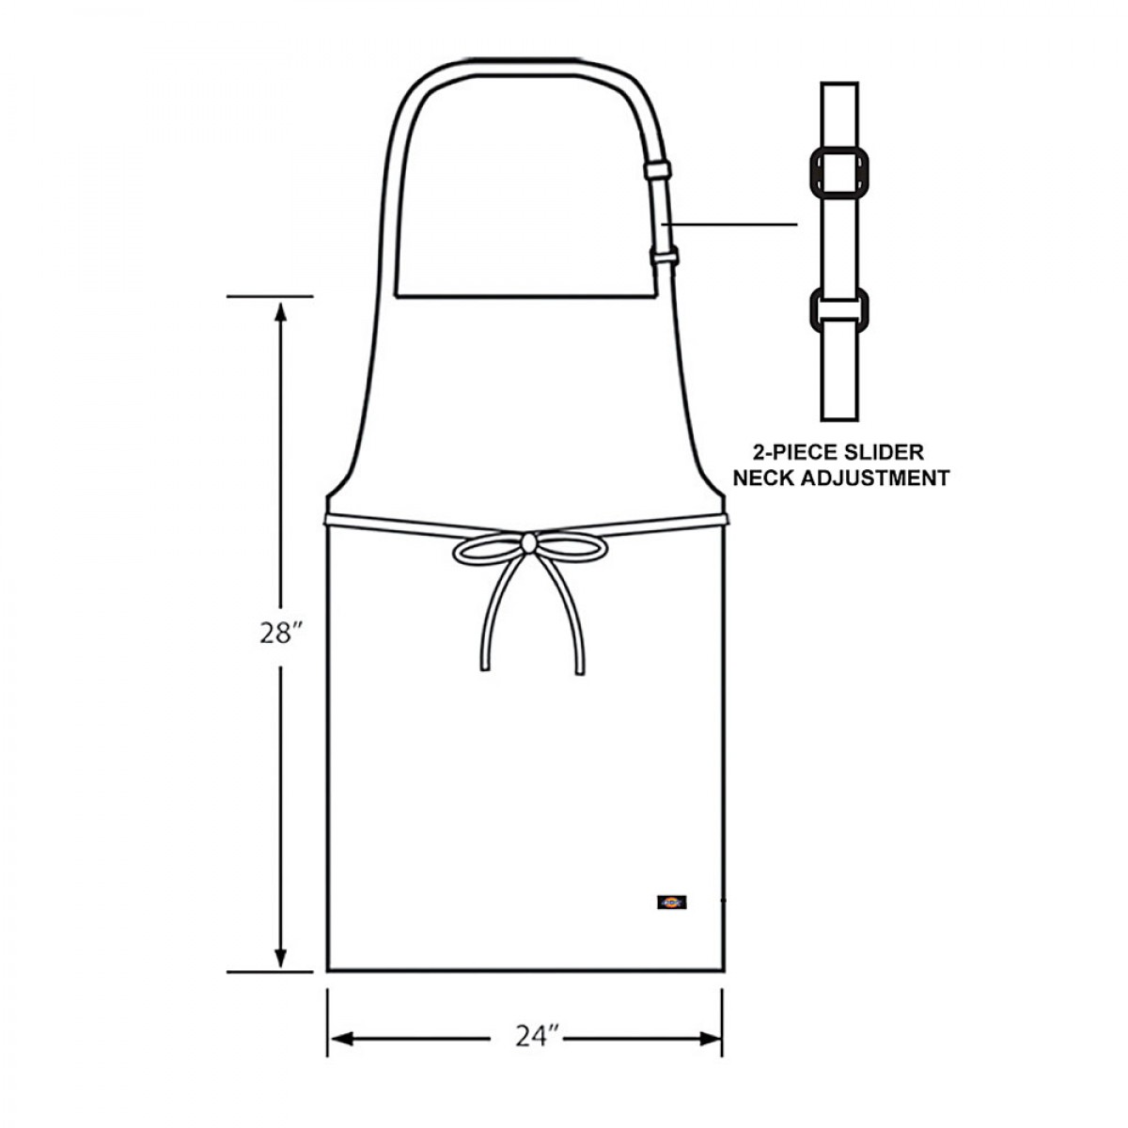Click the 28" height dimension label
pyautogui.click(x=279, y=634)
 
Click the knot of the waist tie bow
pyautogui.click(x=528, y=541)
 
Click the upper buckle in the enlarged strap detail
pyautogui.click(x=839, y=171)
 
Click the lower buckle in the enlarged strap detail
pyautogui.click(x=839, y=310)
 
